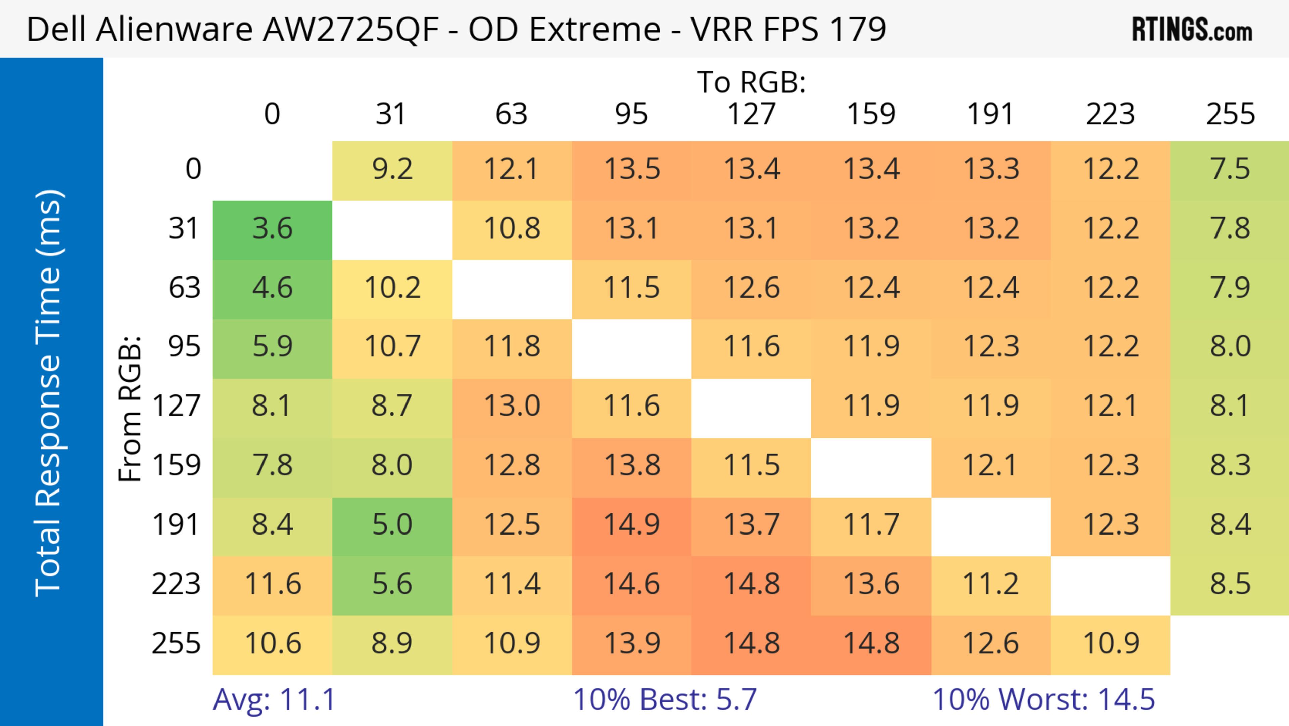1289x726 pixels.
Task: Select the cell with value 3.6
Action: coord(272,229)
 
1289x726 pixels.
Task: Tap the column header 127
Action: coord(751,114)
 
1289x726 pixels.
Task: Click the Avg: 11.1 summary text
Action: coord(274,699)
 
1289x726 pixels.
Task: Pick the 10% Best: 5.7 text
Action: coord(665,699)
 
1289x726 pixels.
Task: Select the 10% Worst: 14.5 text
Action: coord(1043,699)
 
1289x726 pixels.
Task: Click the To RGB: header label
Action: coord(751,82)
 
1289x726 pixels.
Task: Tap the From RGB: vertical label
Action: coord(130,409)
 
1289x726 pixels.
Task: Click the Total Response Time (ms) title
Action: coord(49,393)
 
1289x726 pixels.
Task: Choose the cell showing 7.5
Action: coord(1230,169)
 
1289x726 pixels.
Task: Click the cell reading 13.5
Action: coord(631,169)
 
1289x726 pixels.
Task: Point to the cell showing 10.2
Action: coord(392,288)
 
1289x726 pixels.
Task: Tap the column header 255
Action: coord(1230,114)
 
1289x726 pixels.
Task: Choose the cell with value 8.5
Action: coord(1230,584)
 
